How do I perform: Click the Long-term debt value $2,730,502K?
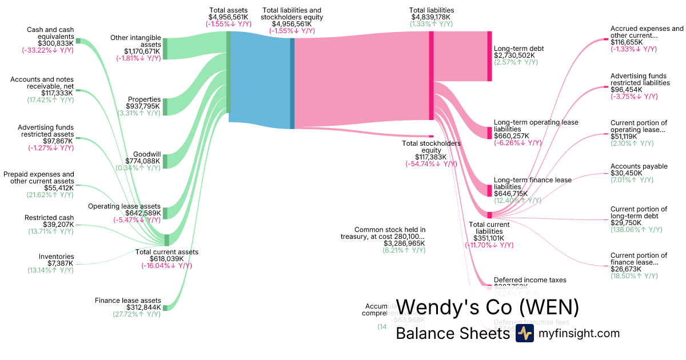(514, 55)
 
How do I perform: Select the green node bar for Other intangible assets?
(165, 49)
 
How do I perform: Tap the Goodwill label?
(147, 154)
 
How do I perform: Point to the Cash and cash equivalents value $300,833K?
(56, 43)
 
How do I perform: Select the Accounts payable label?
(639, 166)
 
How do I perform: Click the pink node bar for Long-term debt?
(489, 56)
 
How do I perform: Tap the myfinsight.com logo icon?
(524, 334)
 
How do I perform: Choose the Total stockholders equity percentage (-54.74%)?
(431, 163)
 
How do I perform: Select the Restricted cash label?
(49, 218)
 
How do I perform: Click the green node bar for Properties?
(165, 106)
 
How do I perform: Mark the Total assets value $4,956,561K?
(228, 17)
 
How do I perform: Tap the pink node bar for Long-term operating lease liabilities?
(489, 133)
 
